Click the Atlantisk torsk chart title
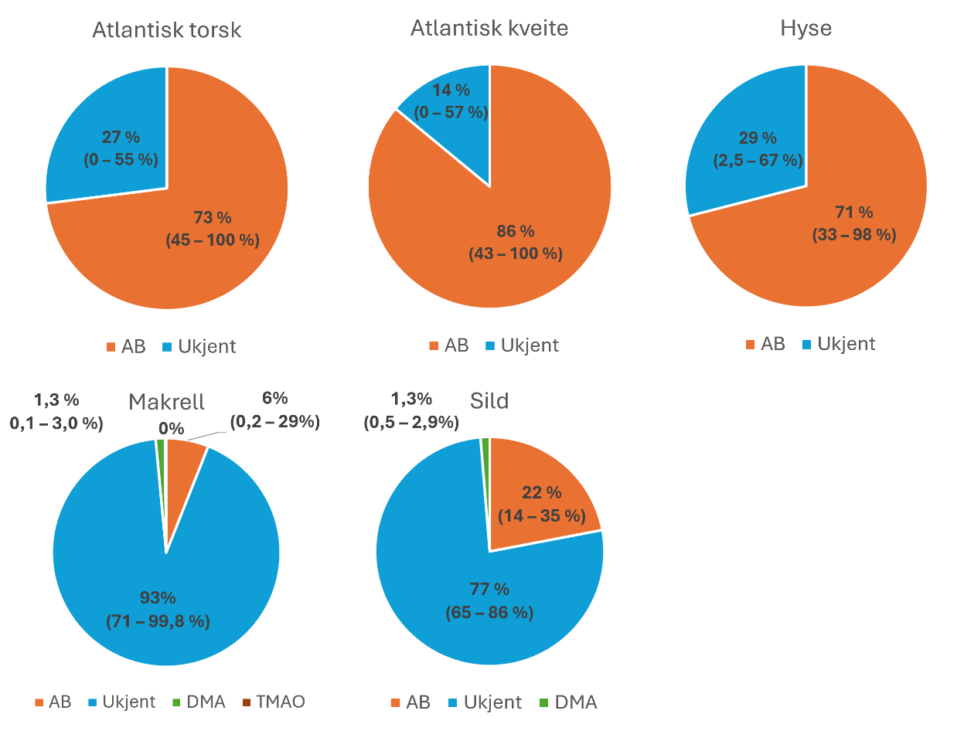[167, 31]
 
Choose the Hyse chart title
[806, 28]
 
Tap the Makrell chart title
[166, 402]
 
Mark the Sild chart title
[489, 402]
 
